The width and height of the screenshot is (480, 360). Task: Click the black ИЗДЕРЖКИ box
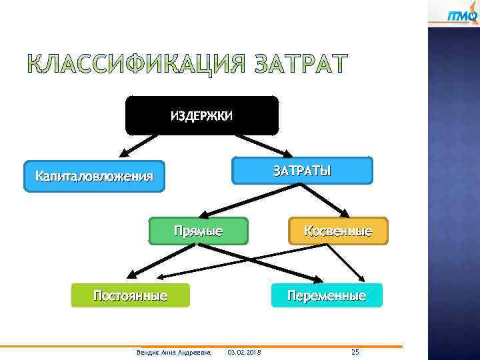(201, 115)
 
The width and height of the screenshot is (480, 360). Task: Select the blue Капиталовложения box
(94, 176)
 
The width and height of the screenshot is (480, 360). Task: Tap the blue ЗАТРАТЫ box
(301, 170)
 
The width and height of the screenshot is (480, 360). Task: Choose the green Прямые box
(198, 231)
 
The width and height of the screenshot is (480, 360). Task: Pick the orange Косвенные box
(337, 231)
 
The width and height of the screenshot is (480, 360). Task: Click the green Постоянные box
(131, 295)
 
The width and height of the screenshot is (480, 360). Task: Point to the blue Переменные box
(327, 295)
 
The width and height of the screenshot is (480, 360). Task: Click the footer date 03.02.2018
(244, 352)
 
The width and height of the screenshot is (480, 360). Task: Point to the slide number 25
(355, 351)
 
